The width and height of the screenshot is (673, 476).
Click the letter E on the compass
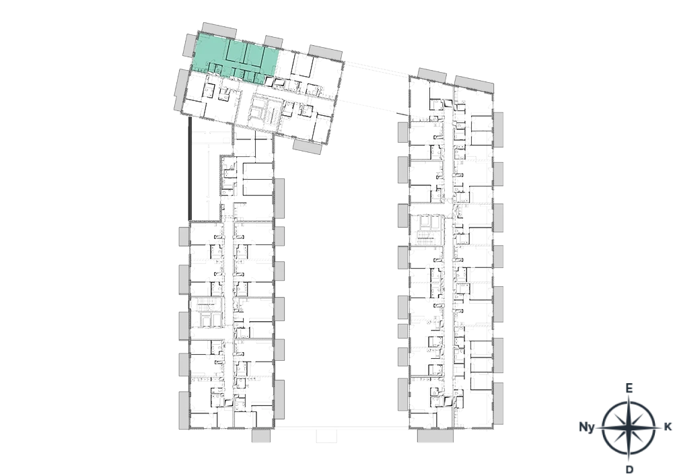click(x=629, y=388)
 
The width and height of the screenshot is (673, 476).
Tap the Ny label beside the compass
click(x=587, y=427)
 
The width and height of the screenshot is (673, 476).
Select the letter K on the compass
click(x=668, y=427)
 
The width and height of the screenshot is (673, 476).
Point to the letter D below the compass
click(x=629, y=469)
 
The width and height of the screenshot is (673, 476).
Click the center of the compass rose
click(x=629, y=428)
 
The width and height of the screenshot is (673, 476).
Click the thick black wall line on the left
click(x=190, y=169)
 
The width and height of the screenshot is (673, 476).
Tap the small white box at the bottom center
click(x=326, y=436)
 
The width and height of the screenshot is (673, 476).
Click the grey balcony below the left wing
click(x=261, y=436)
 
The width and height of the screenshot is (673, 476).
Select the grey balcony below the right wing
click(x=435, y=436)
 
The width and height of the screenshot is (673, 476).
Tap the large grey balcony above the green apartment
click(x=219, y=30)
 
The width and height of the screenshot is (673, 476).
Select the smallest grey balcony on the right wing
click(x=402, y=331)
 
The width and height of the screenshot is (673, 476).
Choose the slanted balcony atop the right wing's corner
click(x=474, y=84)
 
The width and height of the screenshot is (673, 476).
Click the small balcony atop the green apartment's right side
click(x=273, y=42)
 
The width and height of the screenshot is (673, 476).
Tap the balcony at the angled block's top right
click(x=325, y=53)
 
